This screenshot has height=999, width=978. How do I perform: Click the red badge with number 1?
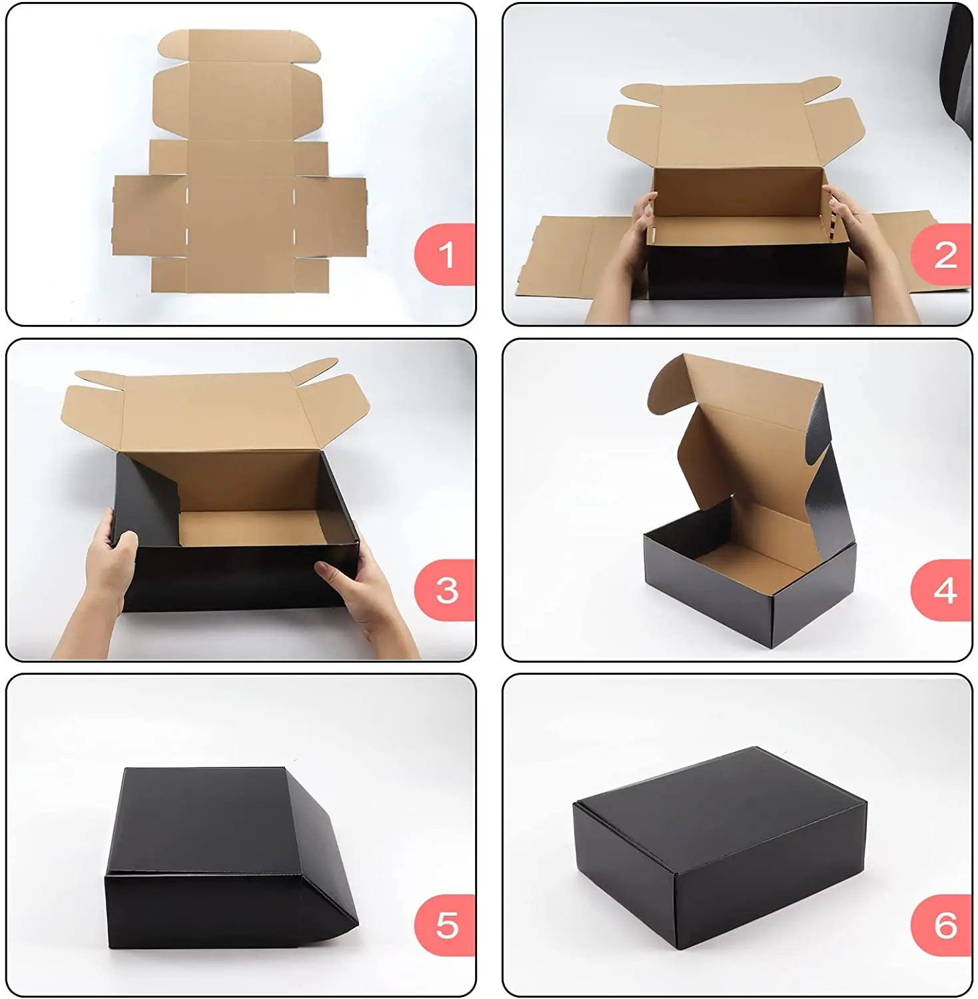tap(445, 254)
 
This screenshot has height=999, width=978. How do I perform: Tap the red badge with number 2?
tap(942, 254)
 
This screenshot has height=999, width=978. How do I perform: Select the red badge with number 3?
tap(445, 591)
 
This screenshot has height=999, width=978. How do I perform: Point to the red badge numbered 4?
tap(942, 591)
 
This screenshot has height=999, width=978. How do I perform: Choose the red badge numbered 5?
tap(445, 926)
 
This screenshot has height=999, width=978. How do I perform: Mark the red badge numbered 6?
tap(942, 926)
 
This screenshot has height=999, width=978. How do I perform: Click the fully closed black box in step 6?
tap(720, 846)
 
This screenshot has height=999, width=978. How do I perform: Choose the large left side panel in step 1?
tap(148, 215)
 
